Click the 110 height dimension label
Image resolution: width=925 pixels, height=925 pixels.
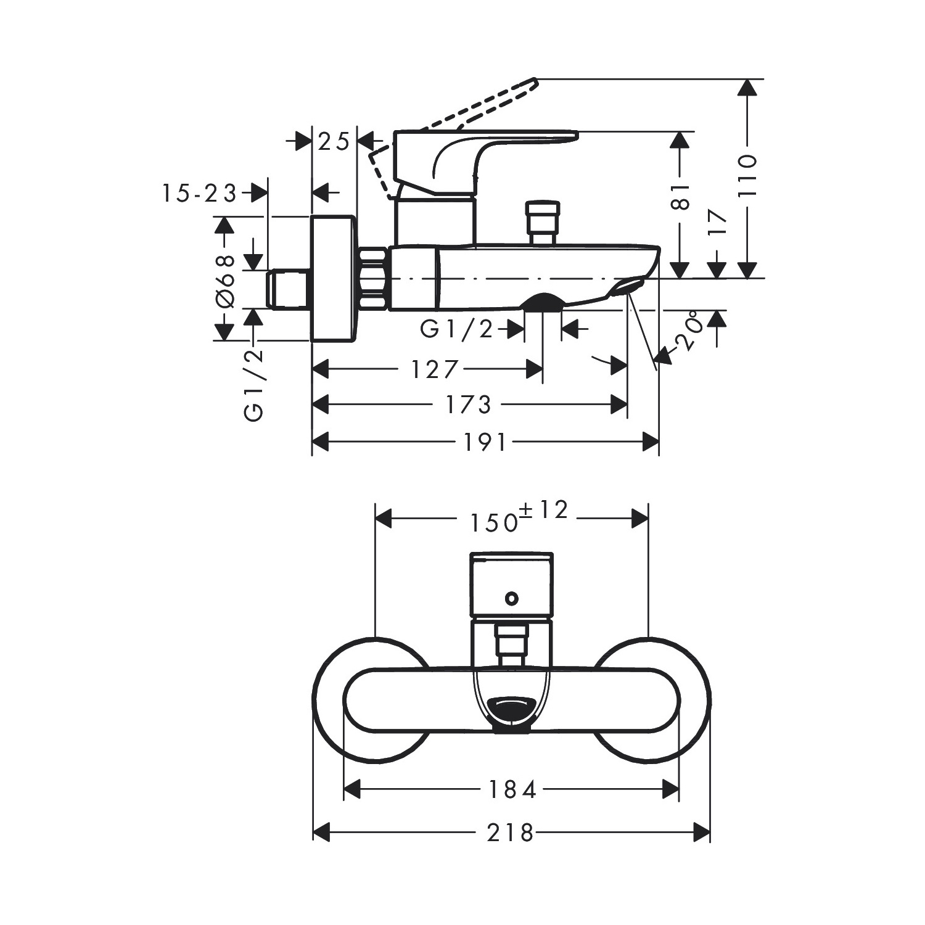click(x=747, y=176)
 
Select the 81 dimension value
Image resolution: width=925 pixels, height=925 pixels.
click(x=680, y=196)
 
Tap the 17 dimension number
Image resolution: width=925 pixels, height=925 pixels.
click(x=718, y=222)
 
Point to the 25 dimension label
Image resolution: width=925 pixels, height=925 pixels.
click(x=334, y=142)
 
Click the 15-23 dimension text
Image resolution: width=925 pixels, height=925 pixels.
click(x=199, y=194)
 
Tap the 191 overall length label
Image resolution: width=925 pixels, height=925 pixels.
click(x=484, y=442)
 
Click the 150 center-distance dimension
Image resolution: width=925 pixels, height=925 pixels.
click(x=493, y=523)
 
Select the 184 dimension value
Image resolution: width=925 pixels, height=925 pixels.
click(x=512, y=789)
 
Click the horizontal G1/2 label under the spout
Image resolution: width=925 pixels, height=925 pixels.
click(x=457, y=330)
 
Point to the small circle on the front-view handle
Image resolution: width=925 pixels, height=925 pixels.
click(x=511, y=598)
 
